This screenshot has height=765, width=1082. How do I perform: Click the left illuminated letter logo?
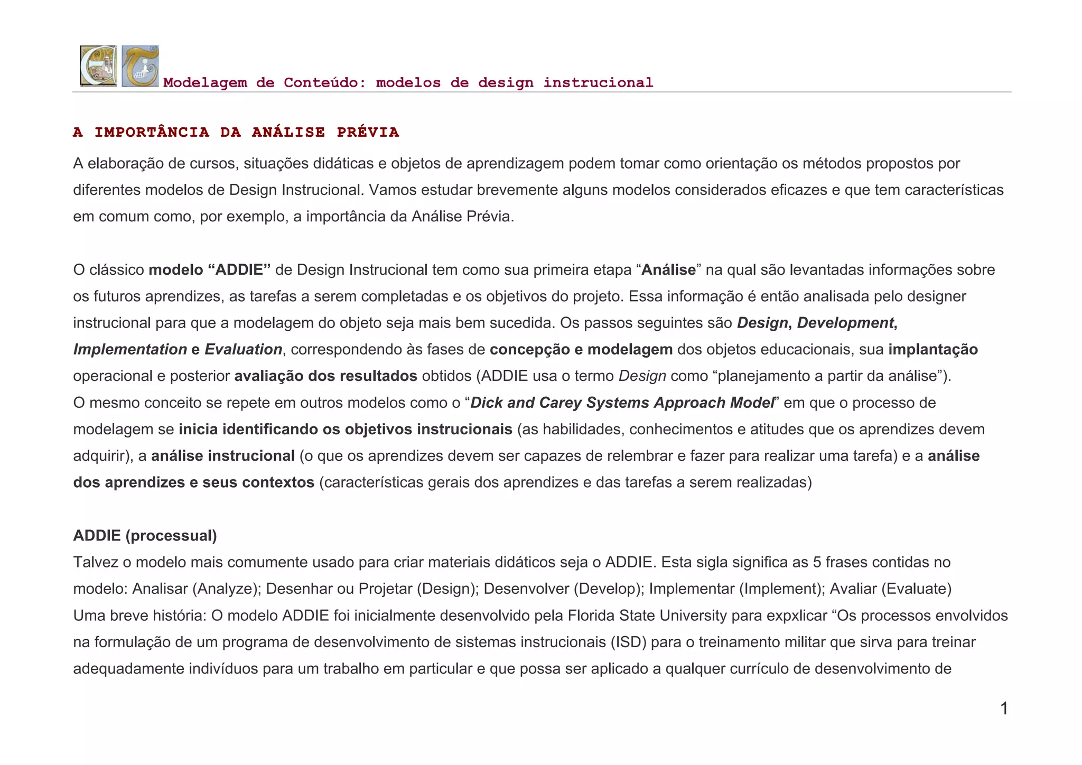coord(98,66)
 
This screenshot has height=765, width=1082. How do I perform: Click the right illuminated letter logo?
coord(140,66)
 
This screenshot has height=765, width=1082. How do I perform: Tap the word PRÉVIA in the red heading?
coord(368,133)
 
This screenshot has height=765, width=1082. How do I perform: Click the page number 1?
coord(1004,708)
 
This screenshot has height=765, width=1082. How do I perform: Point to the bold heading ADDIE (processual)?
coord(145,536)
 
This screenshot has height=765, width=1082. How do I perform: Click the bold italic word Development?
coord(845,323)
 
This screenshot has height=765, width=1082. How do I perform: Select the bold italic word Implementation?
coord(130,349)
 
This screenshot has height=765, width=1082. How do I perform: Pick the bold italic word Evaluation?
coord(243,349)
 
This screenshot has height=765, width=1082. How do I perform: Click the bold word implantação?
coord(932,349)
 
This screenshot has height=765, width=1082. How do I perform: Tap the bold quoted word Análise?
coord(668,270)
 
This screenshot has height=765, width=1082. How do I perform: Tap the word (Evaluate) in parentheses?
coord(917,589)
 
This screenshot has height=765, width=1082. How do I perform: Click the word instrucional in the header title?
coord(598,83)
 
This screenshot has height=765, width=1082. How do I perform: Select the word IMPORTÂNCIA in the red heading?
coord(152,133)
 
